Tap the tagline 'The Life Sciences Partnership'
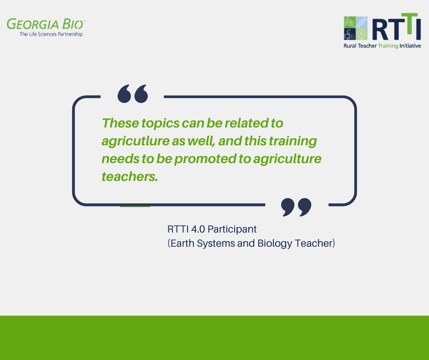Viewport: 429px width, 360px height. pyautogui.click(x=51, y=34)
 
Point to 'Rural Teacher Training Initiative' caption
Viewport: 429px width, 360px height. pyautogui.click(x=382, y=46)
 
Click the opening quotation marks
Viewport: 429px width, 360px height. pyautogui.click(x=133, y=93)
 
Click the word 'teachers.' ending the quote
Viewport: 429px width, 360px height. pyautogui.click(x=130, y=177)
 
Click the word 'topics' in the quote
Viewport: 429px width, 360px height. pyautogui.click(x=160, y=123)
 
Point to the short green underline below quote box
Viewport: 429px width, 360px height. pyautogui.click(x=135, y=206)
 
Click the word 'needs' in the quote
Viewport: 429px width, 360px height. pyautogui.click(x=118, y=159)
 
